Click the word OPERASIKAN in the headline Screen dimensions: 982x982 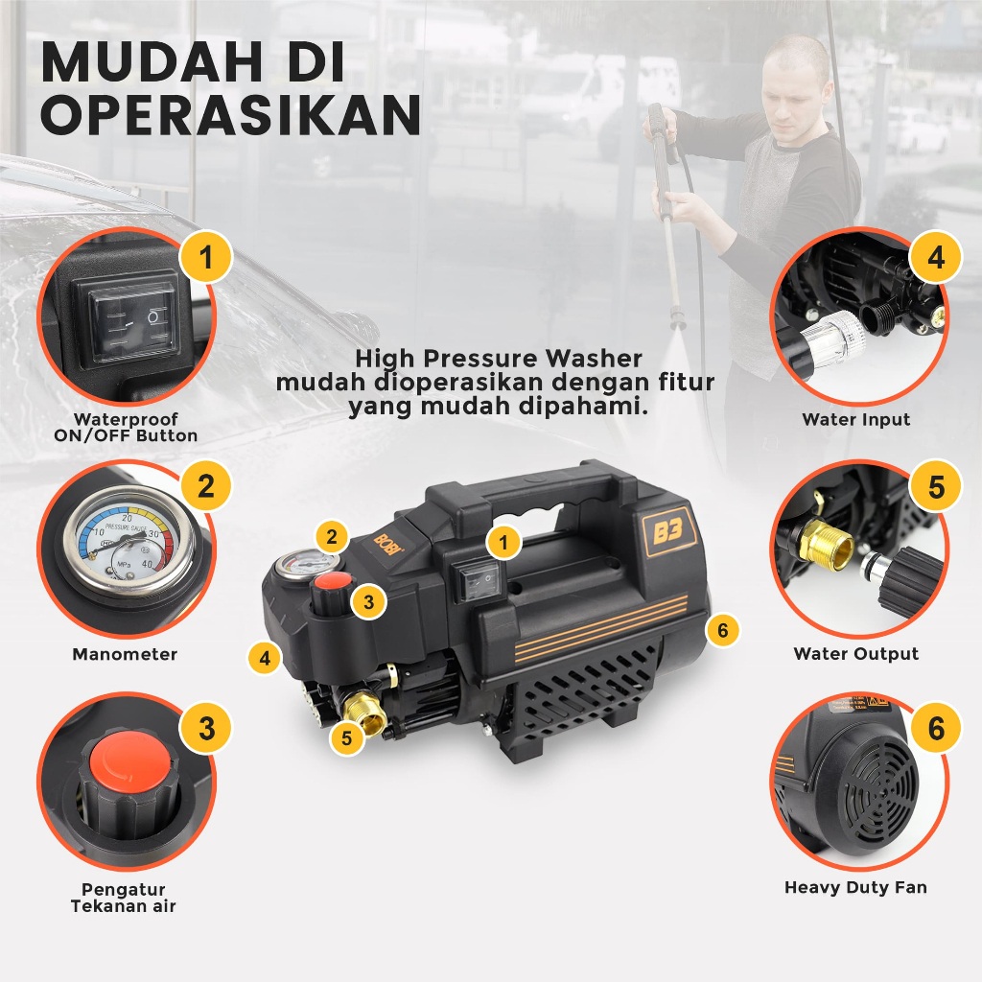[x=230, y=115]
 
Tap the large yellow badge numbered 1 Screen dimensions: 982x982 [x=206, y=257]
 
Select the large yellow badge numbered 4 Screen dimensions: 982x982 [x=935, y=257]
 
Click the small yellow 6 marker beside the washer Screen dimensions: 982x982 [x=722, y=630]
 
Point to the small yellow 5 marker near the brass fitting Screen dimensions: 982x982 [x=346, y=737]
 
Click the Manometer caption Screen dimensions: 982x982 [x=125, y=654]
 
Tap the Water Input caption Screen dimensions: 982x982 [x=856, y=420]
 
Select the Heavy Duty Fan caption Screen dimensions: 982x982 [x=855, y=888]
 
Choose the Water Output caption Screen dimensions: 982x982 [x=856, y=654]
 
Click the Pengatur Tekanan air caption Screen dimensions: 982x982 [x=124, y=898]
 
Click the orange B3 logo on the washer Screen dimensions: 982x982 [x=668, y=531]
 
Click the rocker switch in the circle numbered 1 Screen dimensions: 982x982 [x=129, y=320]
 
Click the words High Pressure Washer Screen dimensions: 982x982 [x=499, y=359]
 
